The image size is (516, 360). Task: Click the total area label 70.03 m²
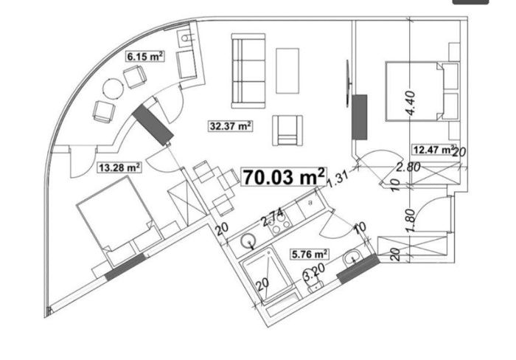point(284,177)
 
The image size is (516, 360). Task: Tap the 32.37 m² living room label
point(231,126)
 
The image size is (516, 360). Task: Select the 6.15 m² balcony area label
point(144,56)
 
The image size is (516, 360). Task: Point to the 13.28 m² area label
point(119,167)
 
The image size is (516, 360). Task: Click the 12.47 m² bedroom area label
point(434,150)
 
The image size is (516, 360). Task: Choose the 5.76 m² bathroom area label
point(310,255)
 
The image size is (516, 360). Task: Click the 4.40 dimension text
point(411,103)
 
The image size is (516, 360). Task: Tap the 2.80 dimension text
point(408,167)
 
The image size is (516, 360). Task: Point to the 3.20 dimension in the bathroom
point(314,271)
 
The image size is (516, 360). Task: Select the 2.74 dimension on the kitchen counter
point(272,218)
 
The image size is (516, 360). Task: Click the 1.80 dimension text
point(411,221)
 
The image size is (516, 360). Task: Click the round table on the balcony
point(114,89)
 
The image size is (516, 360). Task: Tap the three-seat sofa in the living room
point(248,71)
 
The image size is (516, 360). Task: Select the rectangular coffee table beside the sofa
point(287,71)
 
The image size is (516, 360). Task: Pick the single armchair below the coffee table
point(287,131)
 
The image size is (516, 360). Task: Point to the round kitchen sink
point(248,241)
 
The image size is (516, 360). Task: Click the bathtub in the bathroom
point(267,275)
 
